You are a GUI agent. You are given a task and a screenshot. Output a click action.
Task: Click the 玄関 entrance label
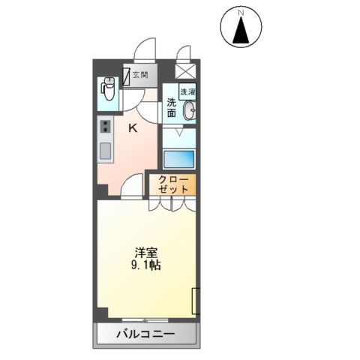click(140, 74)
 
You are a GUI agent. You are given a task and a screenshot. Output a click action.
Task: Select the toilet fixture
click(107, 90)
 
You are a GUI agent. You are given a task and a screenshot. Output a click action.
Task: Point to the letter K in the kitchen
click(133, 128)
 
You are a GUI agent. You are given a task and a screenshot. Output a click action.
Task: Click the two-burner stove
click(105, 127)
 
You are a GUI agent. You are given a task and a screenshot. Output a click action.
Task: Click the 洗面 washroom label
click(172, 108)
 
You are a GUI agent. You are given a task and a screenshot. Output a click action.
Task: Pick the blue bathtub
click(178, 159)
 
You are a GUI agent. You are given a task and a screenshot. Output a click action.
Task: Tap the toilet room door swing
click(132, 97)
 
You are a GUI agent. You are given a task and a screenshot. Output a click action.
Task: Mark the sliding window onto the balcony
click(147, 320)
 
